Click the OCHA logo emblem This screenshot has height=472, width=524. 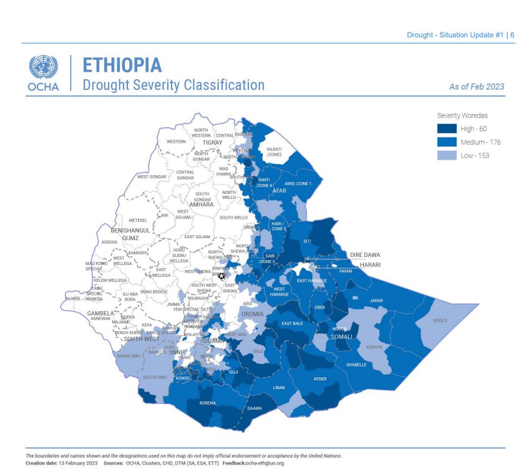tap(43, 67)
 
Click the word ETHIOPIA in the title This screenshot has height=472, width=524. tap(122, 65)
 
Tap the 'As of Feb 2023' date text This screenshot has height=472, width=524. tap(477, 87)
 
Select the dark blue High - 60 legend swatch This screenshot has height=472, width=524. tap(446, 128)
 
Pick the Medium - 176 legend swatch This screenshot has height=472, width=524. tap(446, 142)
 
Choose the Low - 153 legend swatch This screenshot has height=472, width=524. tap(446, 155)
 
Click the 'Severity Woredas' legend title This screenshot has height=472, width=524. tap(462, 115)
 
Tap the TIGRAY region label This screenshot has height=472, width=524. tap(212, 143)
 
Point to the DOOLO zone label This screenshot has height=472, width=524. tap(440, 320)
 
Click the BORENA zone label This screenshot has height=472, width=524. tap(208, 403)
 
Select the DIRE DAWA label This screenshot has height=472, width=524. tap(365, 255)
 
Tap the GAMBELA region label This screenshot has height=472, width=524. tap(100, 313)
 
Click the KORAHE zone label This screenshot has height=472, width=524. tap(374, 347)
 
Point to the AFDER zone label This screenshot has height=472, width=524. tap(319, 378)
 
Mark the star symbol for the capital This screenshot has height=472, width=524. tap(221, 276)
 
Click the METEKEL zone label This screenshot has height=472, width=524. tap(137, 220)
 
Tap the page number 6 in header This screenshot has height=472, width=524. tap(512, 35)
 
